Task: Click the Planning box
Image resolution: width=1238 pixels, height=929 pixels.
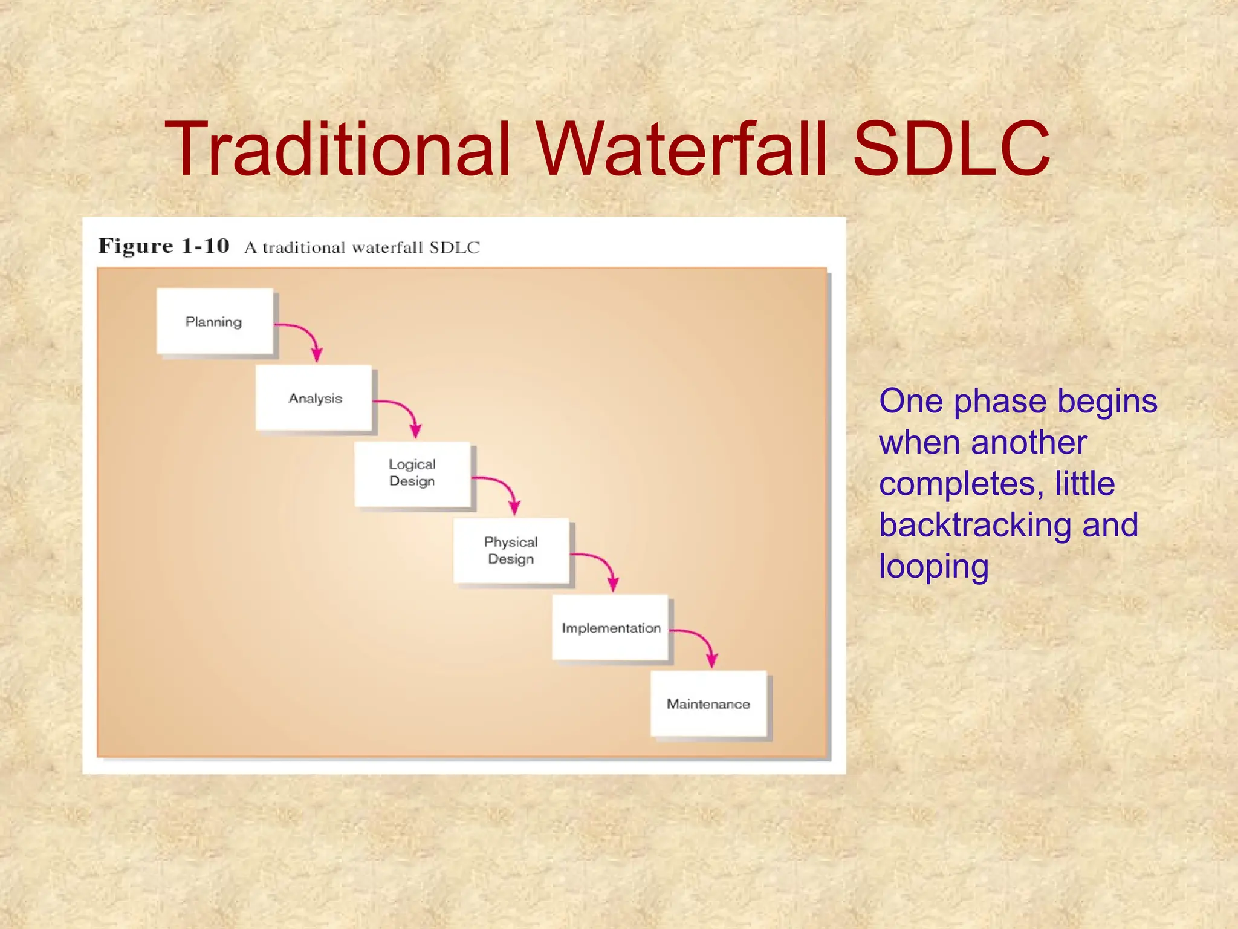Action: click(x=214, y=321)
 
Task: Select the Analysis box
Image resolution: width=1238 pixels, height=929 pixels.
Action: click(x=314, y=397)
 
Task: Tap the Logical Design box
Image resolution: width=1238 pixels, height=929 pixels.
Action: click(x=412, y=474)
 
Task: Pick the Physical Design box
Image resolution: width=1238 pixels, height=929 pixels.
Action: click(x=511, y=550)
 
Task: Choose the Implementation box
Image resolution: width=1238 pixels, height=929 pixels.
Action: click(x=611, y=627)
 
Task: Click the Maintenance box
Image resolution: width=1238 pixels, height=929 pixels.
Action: click(x=708, y=703)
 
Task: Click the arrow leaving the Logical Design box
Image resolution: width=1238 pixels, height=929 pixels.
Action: click(x=503, y=488)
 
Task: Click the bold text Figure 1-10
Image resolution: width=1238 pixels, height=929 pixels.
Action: click(x=164, y=246)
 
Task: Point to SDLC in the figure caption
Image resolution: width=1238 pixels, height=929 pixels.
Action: click(x=454, y=247)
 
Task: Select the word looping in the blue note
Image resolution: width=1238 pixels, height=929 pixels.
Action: click(x=933, y=567)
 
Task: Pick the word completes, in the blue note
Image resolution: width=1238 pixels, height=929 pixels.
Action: click(x=962, y=483)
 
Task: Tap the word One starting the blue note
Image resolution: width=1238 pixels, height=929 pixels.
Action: click(x=910, y=401)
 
